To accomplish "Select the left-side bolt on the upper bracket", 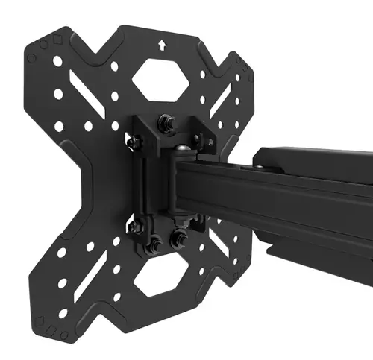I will (133, 141).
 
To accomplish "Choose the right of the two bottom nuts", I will (179, 240).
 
